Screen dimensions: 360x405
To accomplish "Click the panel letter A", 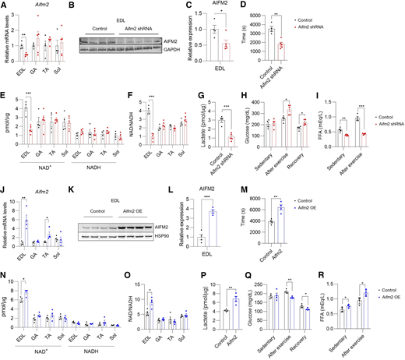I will [x=4, y=5].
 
